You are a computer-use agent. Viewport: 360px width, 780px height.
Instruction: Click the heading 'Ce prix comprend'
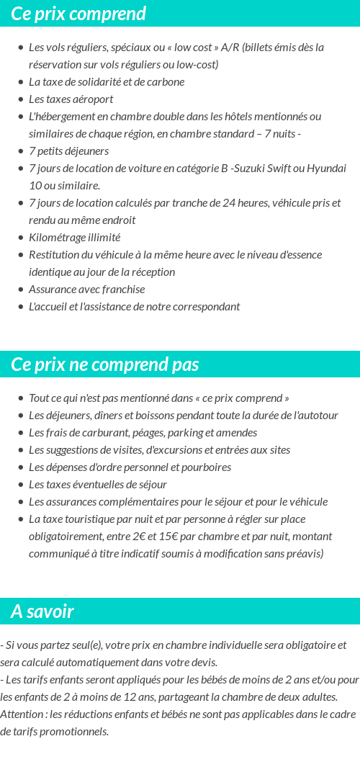[x=78, y=14]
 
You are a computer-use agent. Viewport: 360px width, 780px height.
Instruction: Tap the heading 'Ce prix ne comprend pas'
[x=104, y=364]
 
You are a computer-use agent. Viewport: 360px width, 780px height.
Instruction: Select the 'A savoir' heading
[x=42, y=611]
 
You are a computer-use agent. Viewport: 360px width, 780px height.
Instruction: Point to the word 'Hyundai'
[x=327, y=169]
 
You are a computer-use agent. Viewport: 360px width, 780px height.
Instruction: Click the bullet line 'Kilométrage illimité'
[x=74, y=238]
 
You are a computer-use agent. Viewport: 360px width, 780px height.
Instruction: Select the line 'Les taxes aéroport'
[x=71, y=99]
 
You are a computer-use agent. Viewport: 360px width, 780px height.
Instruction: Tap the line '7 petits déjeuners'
[x=68, y=151]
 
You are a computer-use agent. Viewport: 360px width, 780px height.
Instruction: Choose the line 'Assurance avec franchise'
[x=86, y=290]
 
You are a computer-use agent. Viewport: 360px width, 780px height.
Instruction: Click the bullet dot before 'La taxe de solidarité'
[x=21, y=82]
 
